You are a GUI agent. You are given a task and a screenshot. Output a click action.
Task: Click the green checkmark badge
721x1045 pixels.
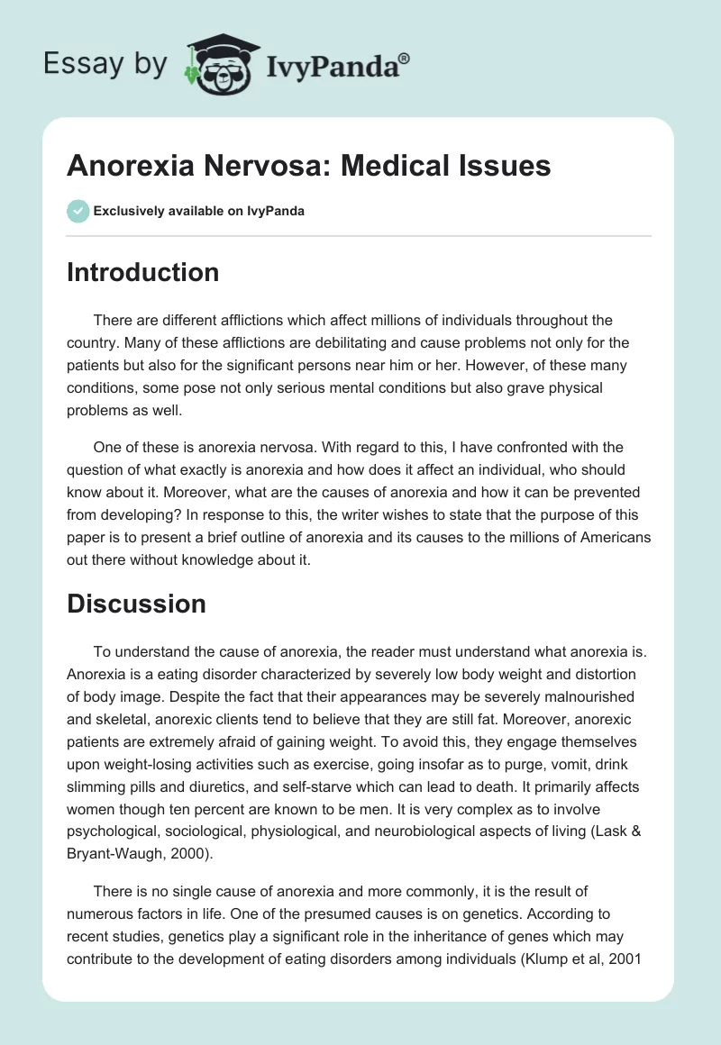pos(78,211)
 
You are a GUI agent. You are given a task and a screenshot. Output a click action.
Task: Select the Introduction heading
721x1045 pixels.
pos(142,272)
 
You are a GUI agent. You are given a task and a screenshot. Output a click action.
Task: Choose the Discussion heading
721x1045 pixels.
pos(136,603)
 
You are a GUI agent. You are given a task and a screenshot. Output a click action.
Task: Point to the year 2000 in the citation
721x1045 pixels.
pos(178,855)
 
